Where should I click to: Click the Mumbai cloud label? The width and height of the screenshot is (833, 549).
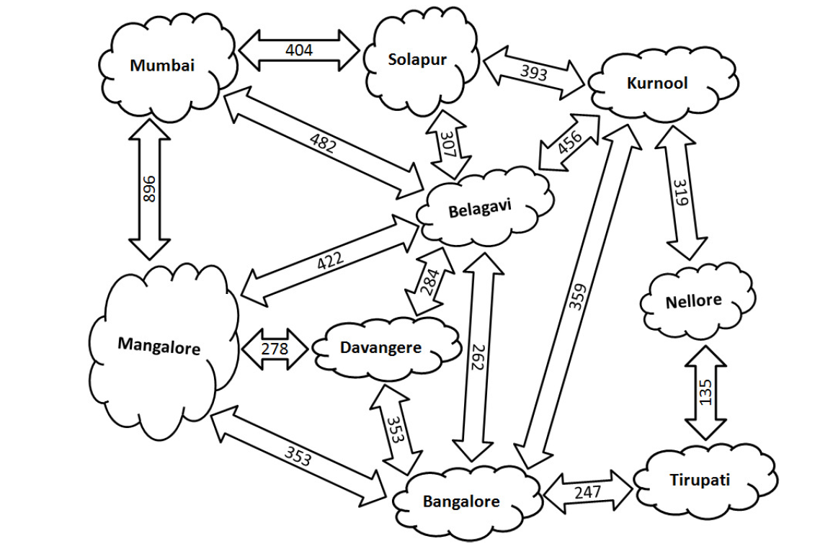[x=162, y=66]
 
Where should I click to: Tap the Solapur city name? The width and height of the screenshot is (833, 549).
[x=417, y=59]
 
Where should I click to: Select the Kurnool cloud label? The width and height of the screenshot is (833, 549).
[x=657, y=83]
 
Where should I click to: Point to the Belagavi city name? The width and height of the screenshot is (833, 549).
[x=480, y=210]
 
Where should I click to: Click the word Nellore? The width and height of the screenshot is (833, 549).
[x=693, y=300]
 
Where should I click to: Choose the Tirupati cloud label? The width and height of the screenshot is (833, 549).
[x=699, y=480]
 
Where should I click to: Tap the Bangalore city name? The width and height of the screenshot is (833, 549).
[x=461, y=500]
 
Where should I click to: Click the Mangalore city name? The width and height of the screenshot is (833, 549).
[x=159, y=345]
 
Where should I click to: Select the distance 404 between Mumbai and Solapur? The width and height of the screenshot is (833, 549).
[x=299, y=50]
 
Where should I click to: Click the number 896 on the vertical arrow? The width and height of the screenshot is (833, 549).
[x=150, y=189]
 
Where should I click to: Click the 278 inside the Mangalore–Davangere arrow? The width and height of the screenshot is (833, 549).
[x=275, y=349]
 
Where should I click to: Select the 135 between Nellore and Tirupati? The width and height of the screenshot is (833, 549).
[x=705, y=392]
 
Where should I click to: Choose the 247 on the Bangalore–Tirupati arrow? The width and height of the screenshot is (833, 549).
[x=588, y=493]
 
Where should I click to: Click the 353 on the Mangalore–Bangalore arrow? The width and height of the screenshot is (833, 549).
[x=297, y=455]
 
